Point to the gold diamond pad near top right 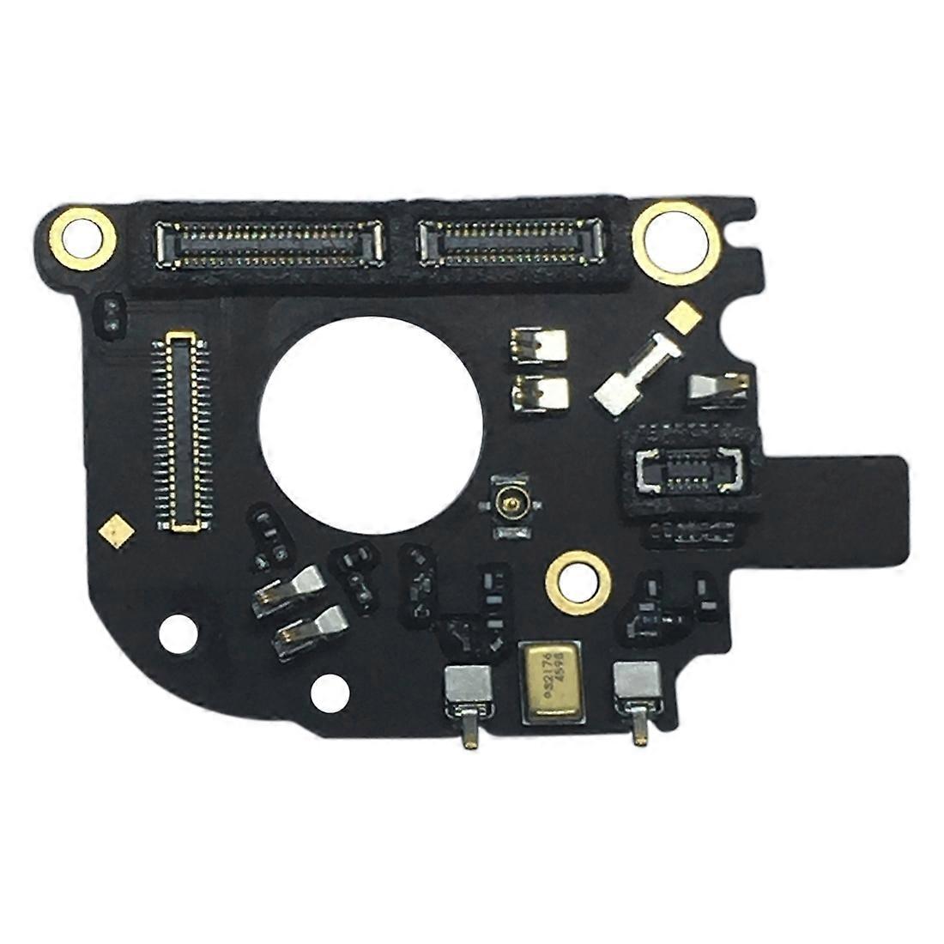click(x=682, y=314)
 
